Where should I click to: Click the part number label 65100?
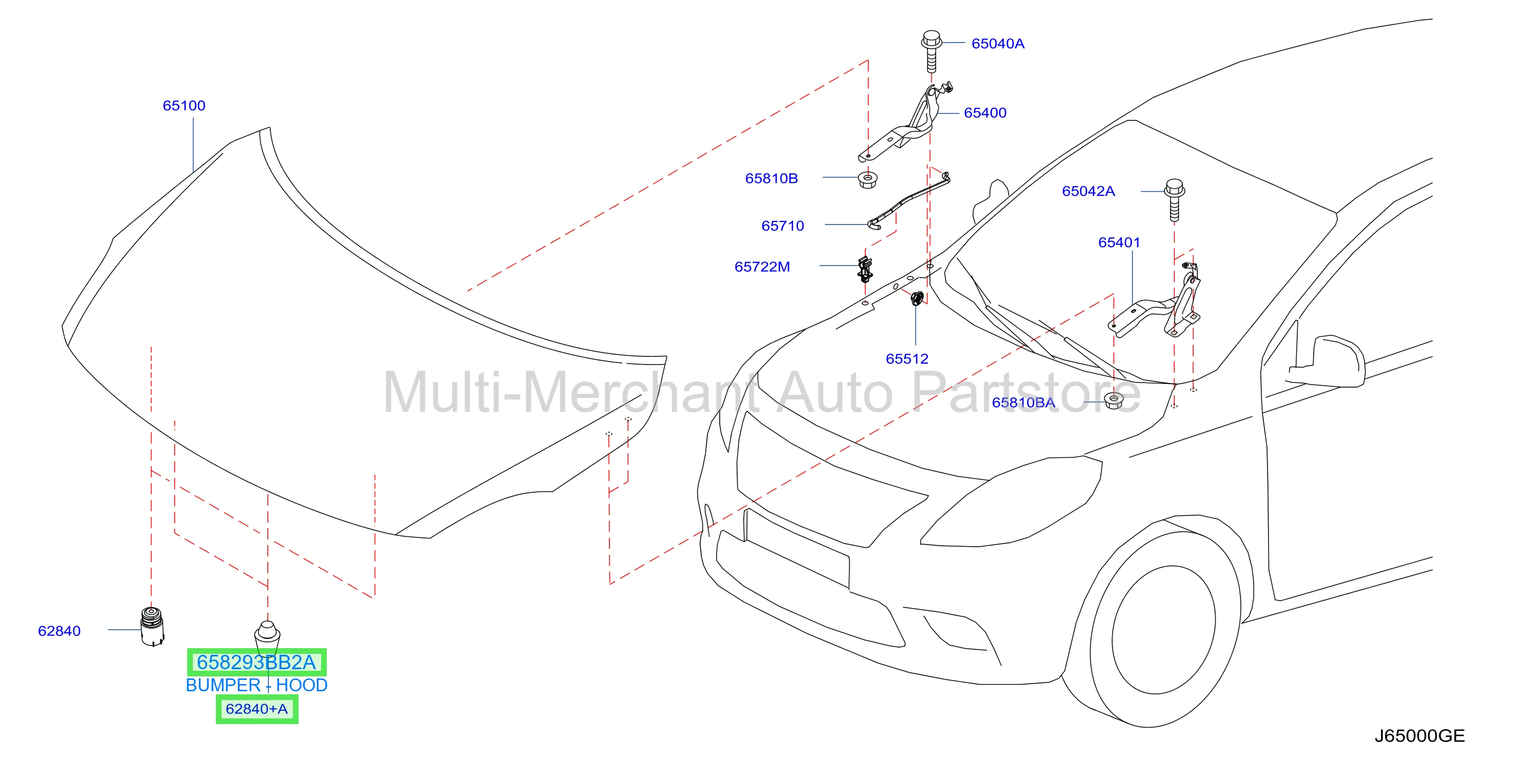click(184, 106)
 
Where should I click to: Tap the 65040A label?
click(998, 44)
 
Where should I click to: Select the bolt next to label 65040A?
click(931, 51)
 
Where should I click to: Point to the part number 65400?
click(985, 113)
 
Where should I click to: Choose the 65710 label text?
click(783, 226)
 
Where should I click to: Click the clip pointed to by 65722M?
click(865, 270)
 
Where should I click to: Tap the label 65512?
click(907, 359)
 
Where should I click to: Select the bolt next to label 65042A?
click(1174, 201)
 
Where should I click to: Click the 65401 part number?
click(1119, 243)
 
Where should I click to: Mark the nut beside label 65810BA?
click(1114, 400)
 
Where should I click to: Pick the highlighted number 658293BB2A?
click(256, 662)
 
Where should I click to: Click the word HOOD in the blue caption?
click(302, 685)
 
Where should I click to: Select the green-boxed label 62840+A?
click(257, 709)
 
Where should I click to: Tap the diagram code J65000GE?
click(1419, 736)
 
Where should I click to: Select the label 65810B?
click(771, 178)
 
